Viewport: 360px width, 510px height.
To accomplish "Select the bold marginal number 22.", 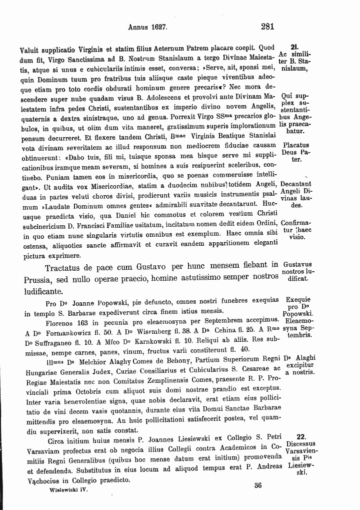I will [x=301, y=436].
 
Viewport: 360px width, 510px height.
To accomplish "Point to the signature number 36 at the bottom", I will [x=258, y=484].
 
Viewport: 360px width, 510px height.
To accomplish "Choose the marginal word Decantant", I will [x=296, y=184].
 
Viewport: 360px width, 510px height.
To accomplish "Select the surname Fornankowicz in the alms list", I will [x=59, y=332].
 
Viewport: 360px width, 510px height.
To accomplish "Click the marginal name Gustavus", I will [x=297, y=264].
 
